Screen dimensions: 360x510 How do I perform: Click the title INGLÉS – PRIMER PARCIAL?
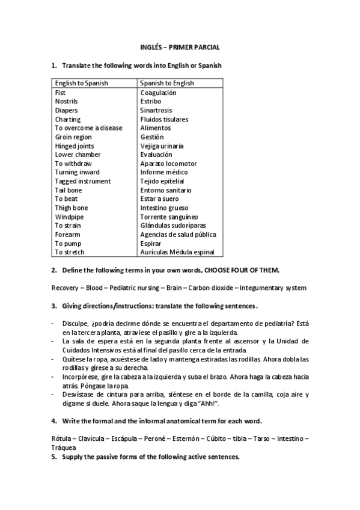(x=180, y=47)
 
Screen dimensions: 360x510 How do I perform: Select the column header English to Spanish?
(x=81, y=84)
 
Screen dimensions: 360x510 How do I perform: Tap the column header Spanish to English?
(x=166, y=84)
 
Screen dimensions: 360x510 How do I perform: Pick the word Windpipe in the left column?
(x=68, y=217)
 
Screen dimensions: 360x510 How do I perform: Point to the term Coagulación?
(x=158, y=93)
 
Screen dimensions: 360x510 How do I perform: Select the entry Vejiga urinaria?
(x=162, y=146)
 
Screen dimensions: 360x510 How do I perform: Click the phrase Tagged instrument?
(x=83, y=181)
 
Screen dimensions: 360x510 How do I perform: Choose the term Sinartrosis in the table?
(x=156, y=111)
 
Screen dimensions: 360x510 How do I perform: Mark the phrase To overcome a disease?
(x=88, y=128)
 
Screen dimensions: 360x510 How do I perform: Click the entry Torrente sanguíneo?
(x=169, y=217)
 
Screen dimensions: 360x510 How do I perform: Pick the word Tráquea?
(x=64, y=447)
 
